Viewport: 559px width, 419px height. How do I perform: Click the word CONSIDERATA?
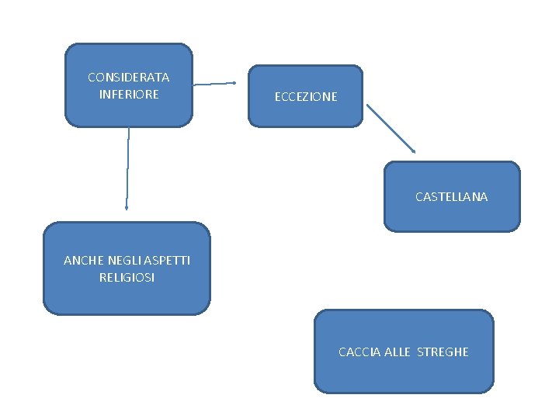click(129, 78)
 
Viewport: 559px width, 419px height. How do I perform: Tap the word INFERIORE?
click(129, 95)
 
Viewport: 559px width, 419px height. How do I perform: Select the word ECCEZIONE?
click(306, 97)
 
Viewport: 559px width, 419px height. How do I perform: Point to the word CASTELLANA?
click(451, 197)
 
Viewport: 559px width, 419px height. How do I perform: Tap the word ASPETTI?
click(165, 261)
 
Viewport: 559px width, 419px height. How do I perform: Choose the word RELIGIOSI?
click(127, 277)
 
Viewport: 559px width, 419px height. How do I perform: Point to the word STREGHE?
click(443, 352)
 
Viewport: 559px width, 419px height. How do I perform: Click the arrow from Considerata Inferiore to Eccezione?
click(214, 83)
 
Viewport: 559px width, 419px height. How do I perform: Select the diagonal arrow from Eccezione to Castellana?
click(391, 127)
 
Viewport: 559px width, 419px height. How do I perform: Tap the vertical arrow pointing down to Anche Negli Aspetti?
click(127, 167)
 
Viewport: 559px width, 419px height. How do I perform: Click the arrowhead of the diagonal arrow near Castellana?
click(414, 151)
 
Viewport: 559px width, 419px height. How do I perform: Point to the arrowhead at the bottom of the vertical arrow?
click(127, 207)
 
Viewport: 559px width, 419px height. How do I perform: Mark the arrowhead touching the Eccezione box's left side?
click(233, 82)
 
